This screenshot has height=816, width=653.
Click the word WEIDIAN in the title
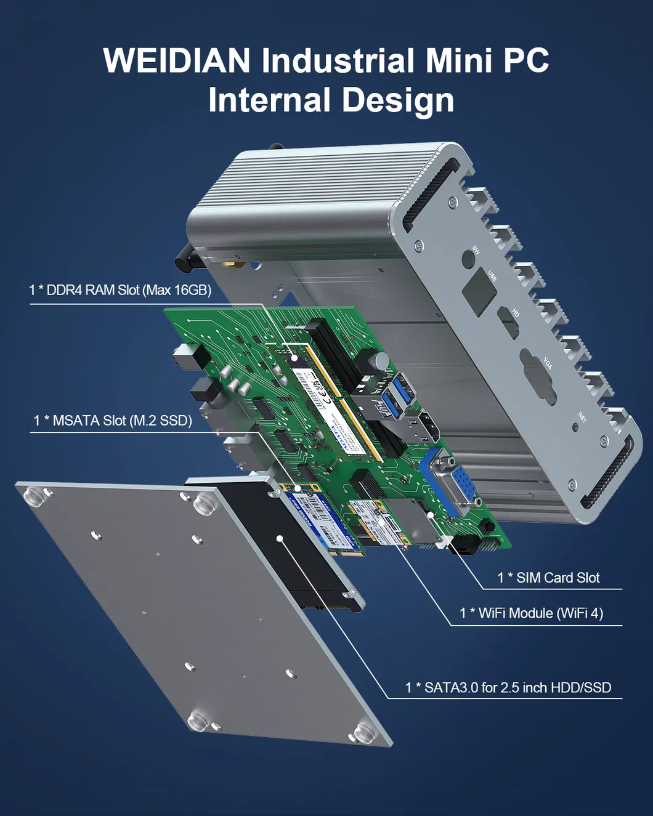(177, 61)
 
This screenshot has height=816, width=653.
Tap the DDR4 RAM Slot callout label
(120, 290)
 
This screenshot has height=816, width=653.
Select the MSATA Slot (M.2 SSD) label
(113, 421)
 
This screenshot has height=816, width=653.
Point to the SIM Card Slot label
(548, 578)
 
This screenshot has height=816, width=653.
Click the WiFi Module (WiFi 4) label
(531, 613)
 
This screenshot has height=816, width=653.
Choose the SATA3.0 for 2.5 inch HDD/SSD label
(508, 688)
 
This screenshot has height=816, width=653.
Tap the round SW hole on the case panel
(469, 261)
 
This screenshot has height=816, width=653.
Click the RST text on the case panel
(582, 418)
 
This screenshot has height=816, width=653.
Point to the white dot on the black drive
(280, 538)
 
